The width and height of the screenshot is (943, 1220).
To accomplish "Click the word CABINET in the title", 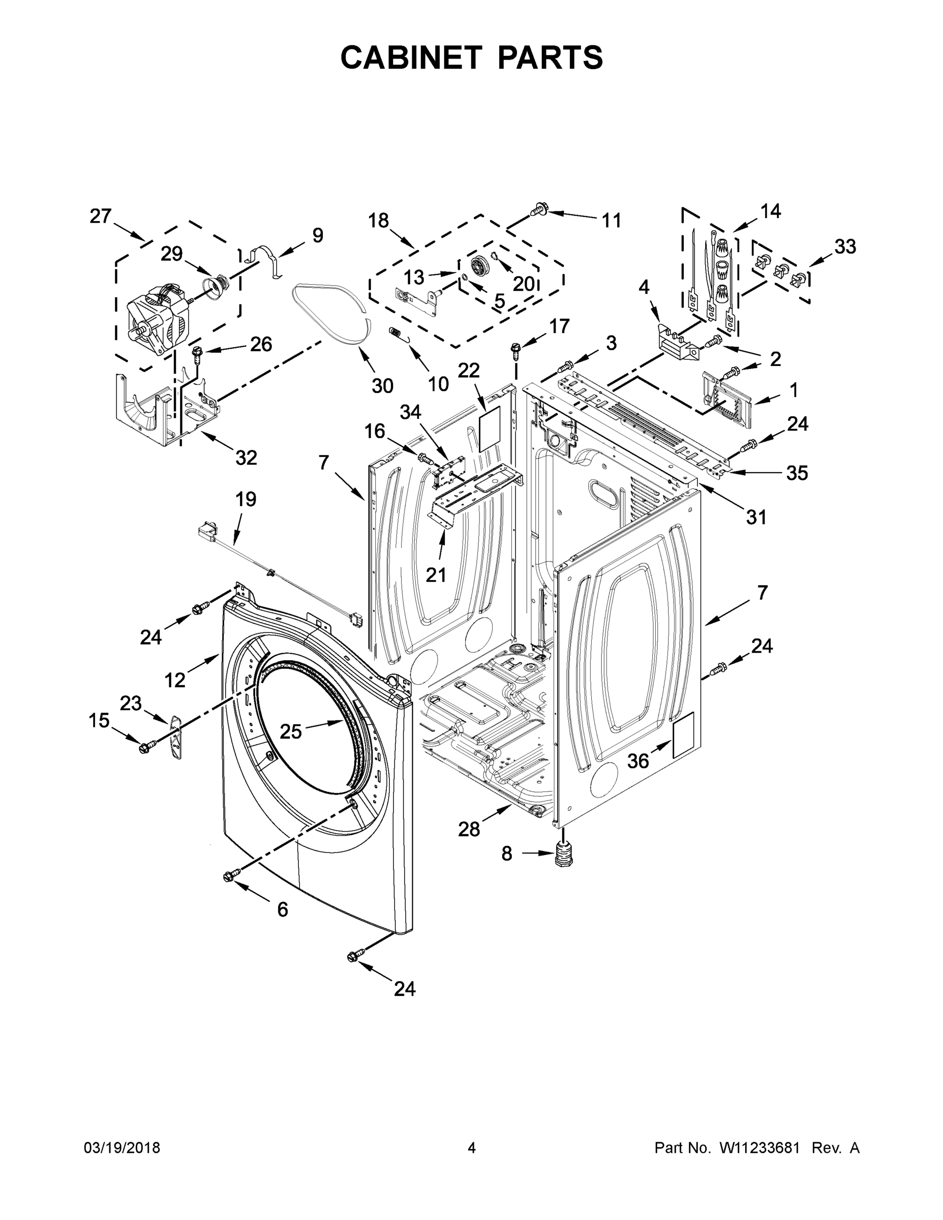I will coord(411,57).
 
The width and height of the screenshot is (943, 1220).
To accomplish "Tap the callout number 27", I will coord(101,216).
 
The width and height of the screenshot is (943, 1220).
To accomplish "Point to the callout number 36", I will coord(638,760).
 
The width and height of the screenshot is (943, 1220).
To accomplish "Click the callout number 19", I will coord(246,499).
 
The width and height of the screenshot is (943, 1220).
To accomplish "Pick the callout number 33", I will coord(845,247).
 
